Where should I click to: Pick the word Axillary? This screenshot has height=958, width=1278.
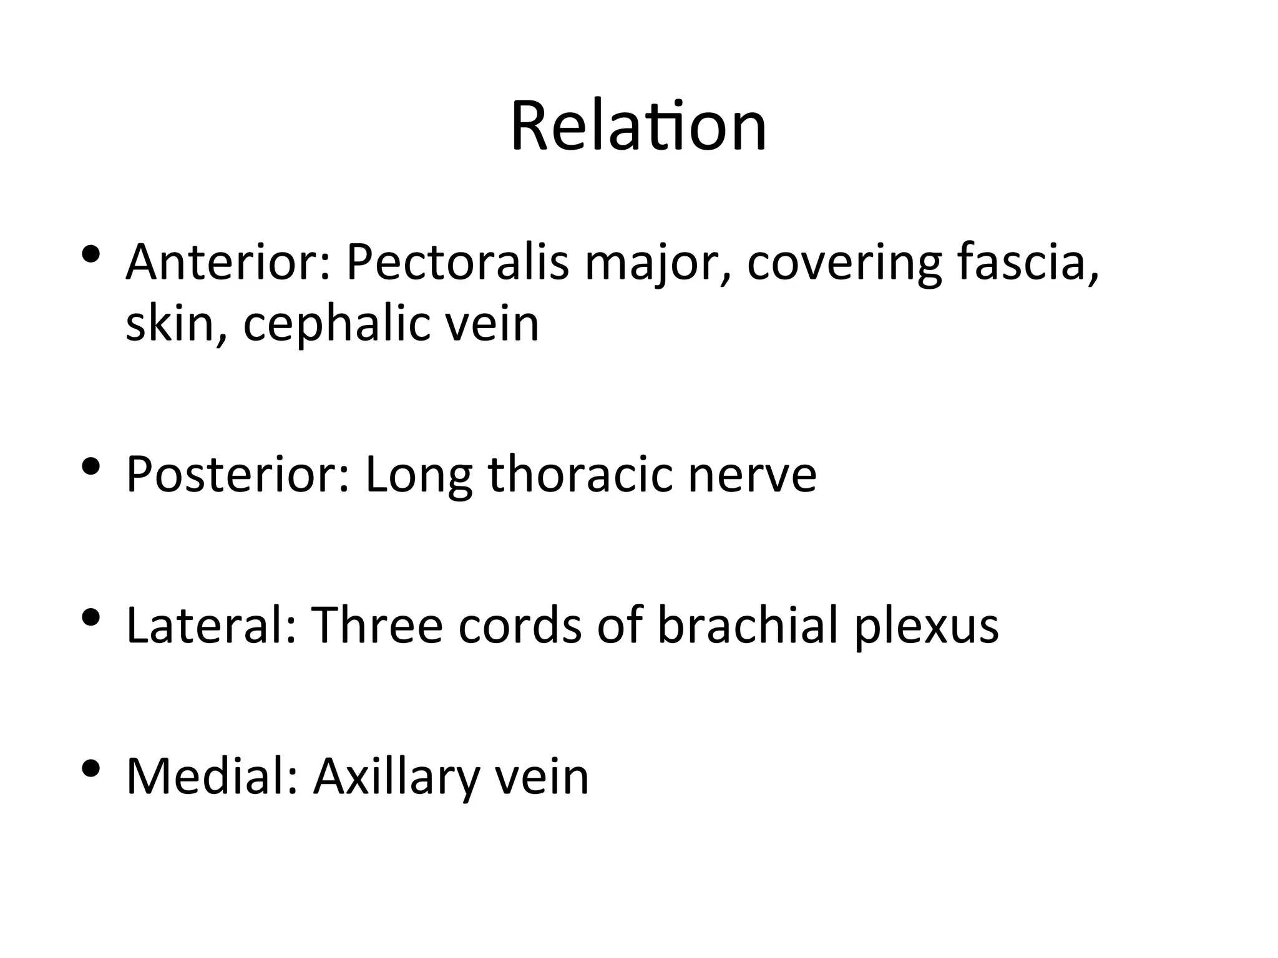pyautogui.click(x=396, y=778)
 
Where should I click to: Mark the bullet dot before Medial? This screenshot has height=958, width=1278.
pyautogui.click(x=91, y=768)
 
